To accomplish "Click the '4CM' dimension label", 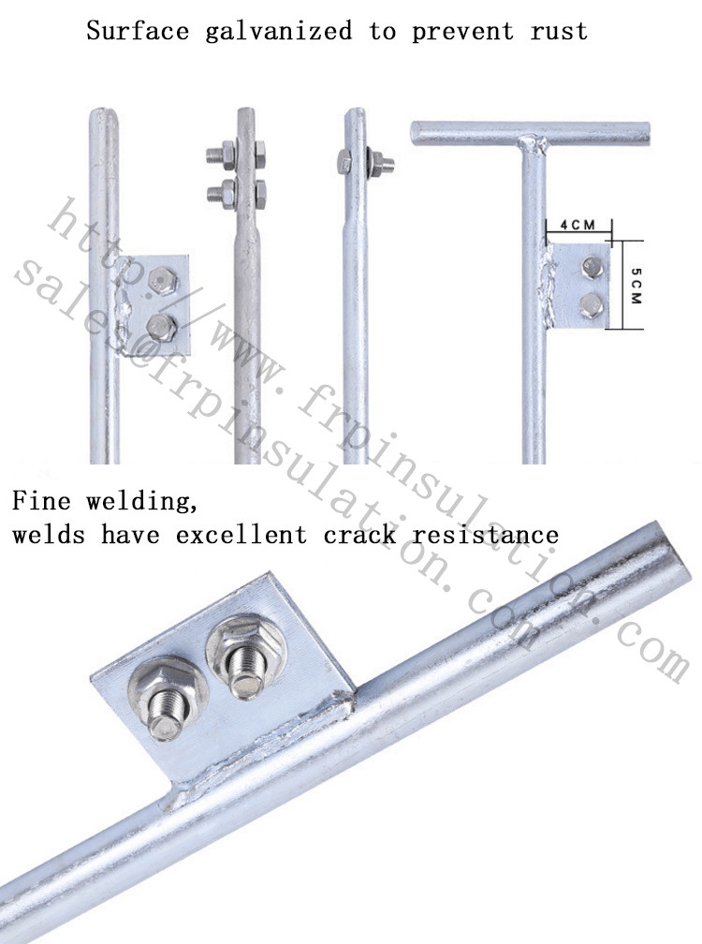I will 577,225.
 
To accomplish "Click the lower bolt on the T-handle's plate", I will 591,302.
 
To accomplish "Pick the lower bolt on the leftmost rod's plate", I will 162,325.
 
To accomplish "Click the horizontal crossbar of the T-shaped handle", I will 529,133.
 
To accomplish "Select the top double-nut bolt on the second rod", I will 237,154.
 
